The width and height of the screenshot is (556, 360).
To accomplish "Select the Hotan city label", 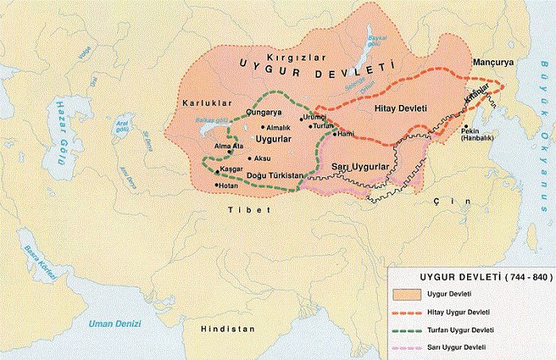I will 230,186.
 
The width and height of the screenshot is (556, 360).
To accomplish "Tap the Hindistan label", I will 228,328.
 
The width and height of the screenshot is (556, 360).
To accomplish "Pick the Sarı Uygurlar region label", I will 358,167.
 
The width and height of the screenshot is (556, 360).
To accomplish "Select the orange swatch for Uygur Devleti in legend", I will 405,293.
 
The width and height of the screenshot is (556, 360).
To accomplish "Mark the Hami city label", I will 346,135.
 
